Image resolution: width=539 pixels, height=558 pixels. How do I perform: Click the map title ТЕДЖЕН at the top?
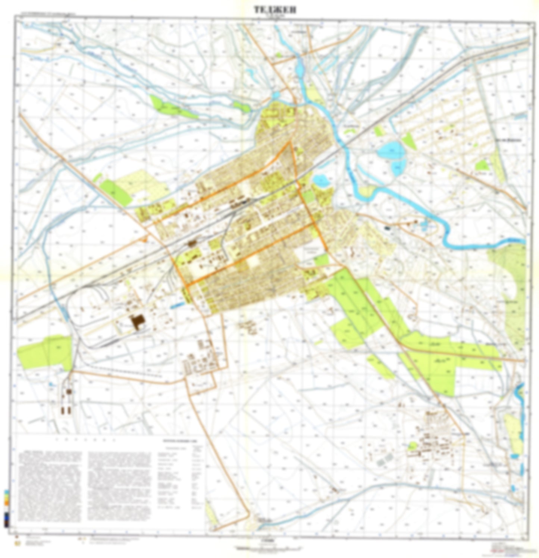tap(275, 10)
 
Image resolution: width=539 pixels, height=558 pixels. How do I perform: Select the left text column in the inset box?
tap(50, 486)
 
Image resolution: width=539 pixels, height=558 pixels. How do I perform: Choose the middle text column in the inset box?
tap(119, 486)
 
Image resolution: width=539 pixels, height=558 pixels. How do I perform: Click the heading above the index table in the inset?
tap(181, 441)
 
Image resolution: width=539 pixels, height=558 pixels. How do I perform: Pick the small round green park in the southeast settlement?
tap(412, 446)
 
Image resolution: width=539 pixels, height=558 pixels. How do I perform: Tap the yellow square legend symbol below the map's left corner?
tap(16, 543)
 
